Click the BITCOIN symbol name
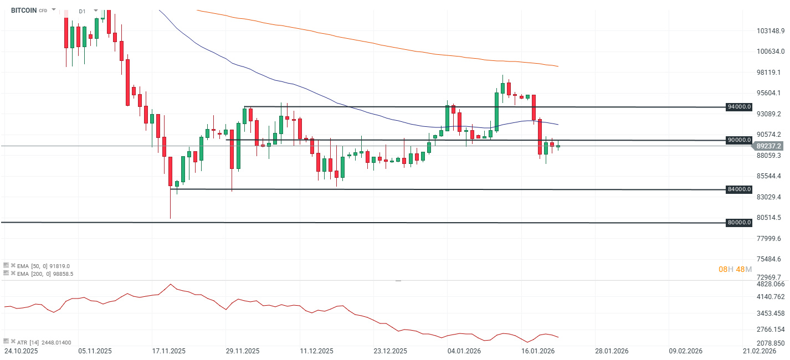coord(23,10)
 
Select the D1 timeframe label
coord(82,11)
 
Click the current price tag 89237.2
coord(769,146)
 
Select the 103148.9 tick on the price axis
coord(771,30)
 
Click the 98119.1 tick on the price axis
coord(771,72)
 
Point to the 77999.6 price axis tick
coord(771,238)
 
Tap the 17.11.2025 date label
coord(169,351)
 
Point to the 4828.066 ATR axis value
coord(771,284)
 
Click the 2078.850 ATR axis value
coord(771,343)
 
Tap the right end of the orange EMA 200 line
coord(557,66)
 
